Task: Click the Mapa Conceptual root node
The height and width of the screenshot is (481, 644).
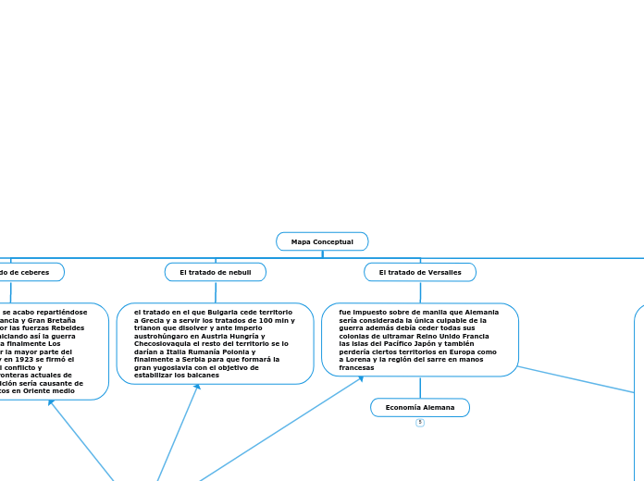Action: coord(322,241)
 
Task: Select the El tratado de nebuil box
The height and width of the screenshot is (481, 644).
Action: coord(216,272)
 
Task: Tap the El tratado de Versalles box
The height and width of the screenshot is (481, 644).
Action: coord(420,272)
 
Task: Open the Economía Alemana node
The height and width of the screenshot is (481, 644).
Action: coord(420,407)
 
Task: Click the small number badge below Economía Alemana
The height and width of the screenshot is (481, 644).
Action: coord(420,423)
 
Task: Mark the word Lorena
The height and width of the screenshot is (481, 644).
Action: coord(362,360)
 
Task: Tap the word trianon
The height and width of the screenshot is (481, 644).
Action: coord(150,328)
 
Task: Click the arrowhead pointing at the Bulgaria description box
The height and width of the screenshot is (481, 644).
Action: coord(197,388)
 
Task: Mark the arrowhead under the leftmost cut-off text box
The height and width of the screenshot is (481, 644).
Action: coord(51,402)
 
